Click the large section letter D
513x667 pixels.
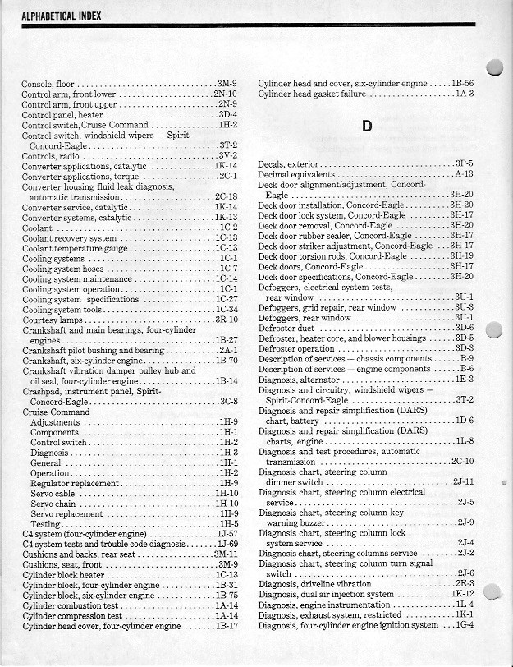[x=367, y=126]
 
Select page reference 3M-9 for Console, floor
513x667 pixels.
[x=227, y=84]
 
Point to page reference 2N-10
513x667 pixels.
[x=225, y=94]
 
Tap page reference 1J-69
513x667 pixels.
[x=226, y=545]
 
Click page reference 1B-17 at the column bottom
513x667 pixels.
[x=226, y=626]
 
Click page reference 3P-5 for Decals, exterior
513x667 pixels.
[x=464, y=164]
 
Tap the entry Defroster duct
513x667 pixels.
[x=289, y=328]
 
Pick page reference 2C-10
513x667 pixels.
[x=462, y=462]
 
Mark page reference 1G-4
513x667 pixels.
[x=465, y=626]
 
